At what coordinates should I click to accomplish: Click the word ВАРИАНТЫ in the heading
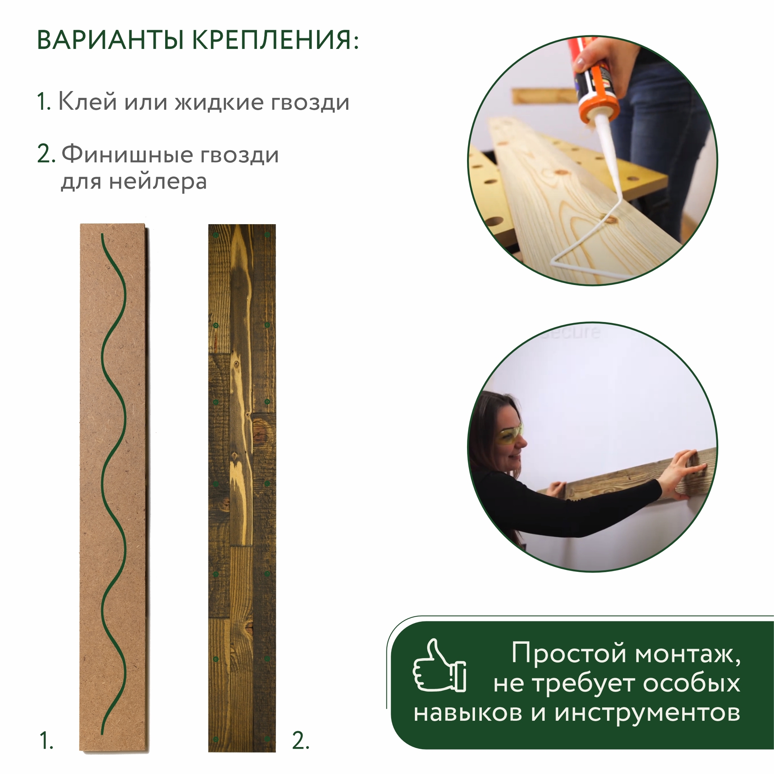110,40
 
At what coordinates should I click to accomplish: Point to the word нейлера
158,182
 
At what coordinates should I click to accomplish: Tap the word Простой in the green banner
569,653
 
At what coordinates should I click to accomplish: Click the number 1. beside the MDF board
46,740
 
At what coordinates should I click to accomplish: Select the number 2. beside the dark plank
300,740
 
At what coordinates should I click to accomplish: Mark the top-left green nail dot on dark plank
216,235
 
